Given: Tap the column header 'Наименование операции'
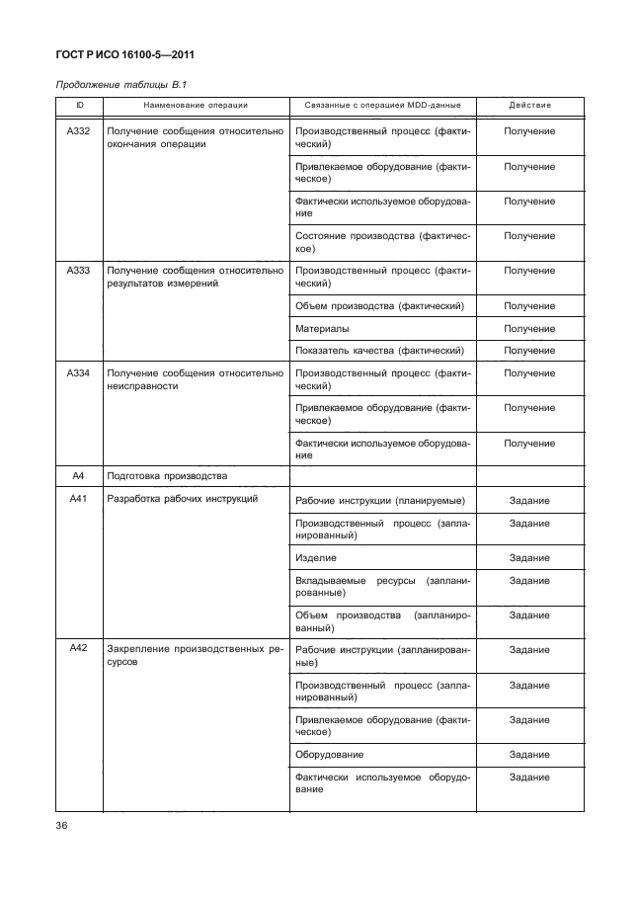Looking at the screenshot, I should [x=195, y=105].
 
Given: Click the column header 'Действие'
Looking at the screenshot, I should [x=529, y=105].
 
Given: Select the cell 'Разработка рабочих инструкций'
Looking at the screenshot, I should [x=182, y=499].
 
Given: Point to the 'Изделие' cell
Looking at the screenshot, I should [x=316, y=558].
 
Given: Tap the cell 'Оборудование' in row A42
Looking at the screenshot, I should [x=329, y=754].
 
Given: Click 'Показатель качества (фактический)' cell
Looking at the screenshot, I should [x=379, y=351].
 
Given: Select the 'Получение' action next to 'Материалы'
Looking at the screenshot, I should [x=529, y=328].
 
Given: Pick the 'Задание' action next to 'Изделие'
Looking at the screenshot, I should [x=529, y=558].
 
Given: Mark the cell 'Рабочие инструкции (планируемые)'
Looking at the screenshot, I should [x=380, y=501].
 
